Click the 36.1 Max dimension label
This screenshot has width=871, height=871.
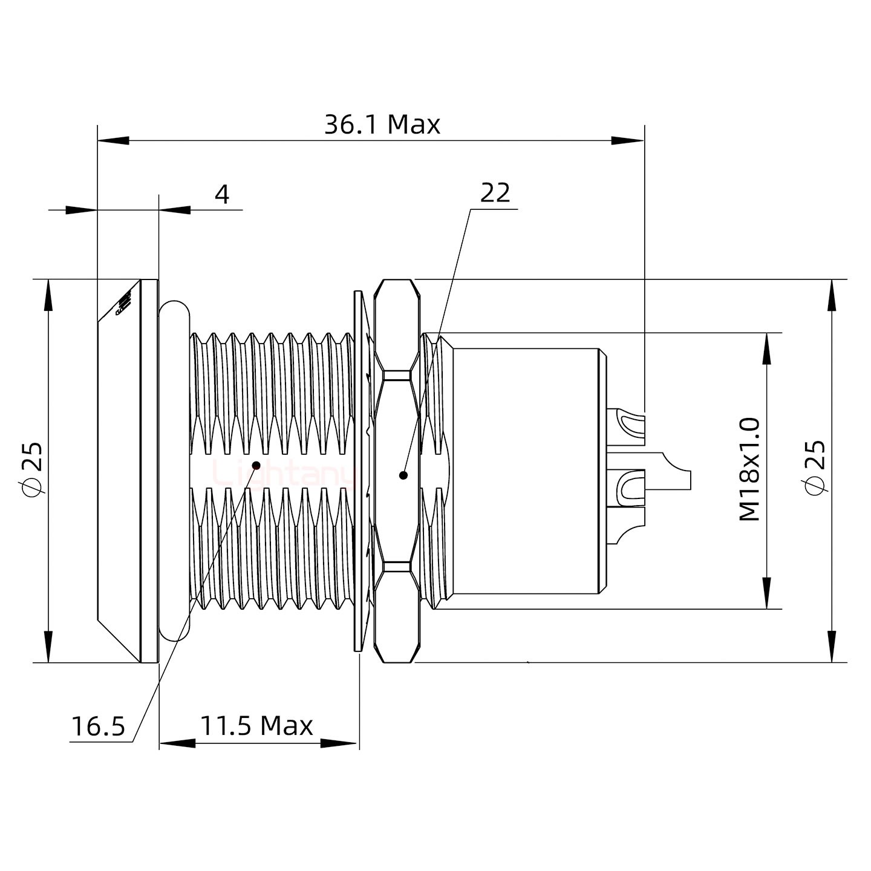tap(382, 125)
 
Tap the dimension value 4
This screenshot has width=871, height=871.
tap(223, 195)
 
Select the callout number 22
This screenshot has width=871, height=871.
tap(495, 193)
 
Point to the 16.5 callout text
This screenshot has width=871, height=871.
tap(98, 726)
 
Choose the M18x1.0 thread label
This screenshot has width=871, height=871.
tap(749, 469)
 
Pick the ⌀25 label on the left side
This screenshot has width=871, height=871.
tap(31, 469)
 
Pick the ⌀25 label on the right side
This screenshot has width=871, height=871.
tap(815, 469)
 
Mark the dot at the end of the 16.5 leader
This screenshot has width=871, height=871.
tap(256, 465)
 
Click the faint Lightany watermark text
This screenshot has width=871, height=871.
tap(284, 474)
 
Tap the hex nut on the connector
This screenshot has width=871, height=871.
tap(397, 471)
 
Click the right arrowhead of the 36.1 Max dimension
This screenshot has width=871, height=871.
tap(629, 141)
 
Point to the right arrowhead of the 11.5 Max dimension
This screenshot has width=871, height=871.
tap(341, 743)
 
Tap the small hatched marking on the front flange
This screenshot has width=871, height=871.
tap(124, 304)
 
